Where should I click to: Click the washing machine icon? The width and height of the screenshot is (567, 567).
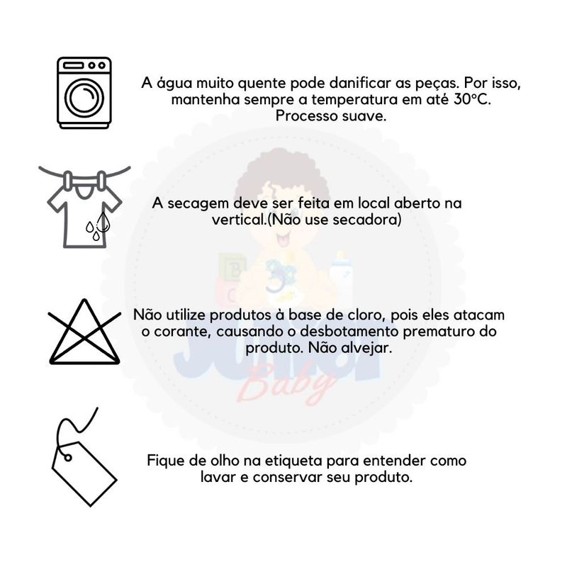click(84, 93)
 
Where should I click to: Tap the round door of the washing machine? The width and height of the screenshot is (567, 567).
click(84, 97)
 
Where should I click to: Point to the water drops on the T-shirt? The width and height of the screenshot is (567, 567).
click(97, 225)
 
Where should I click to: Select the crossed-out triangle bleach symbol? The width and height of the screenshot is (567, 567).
click(84, 332)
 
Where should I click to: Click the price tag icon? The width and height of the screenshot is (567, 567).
click(84, 457)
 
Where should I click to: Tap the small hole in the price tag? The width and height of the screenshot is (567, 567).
click(67, 458)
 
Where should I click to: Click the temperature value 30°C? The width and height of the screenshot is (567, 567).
click(473, 99)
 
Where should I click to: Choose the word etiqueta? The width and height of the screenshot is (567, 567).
click(293, 461)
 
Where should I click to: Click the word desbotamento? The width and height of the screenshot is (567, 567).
click(350, 332)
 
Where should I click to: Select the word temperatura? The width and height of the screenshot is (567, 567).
click(354, 100)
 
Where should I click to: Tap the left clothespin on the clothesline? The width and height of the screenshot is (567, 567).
click(67, 180)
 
